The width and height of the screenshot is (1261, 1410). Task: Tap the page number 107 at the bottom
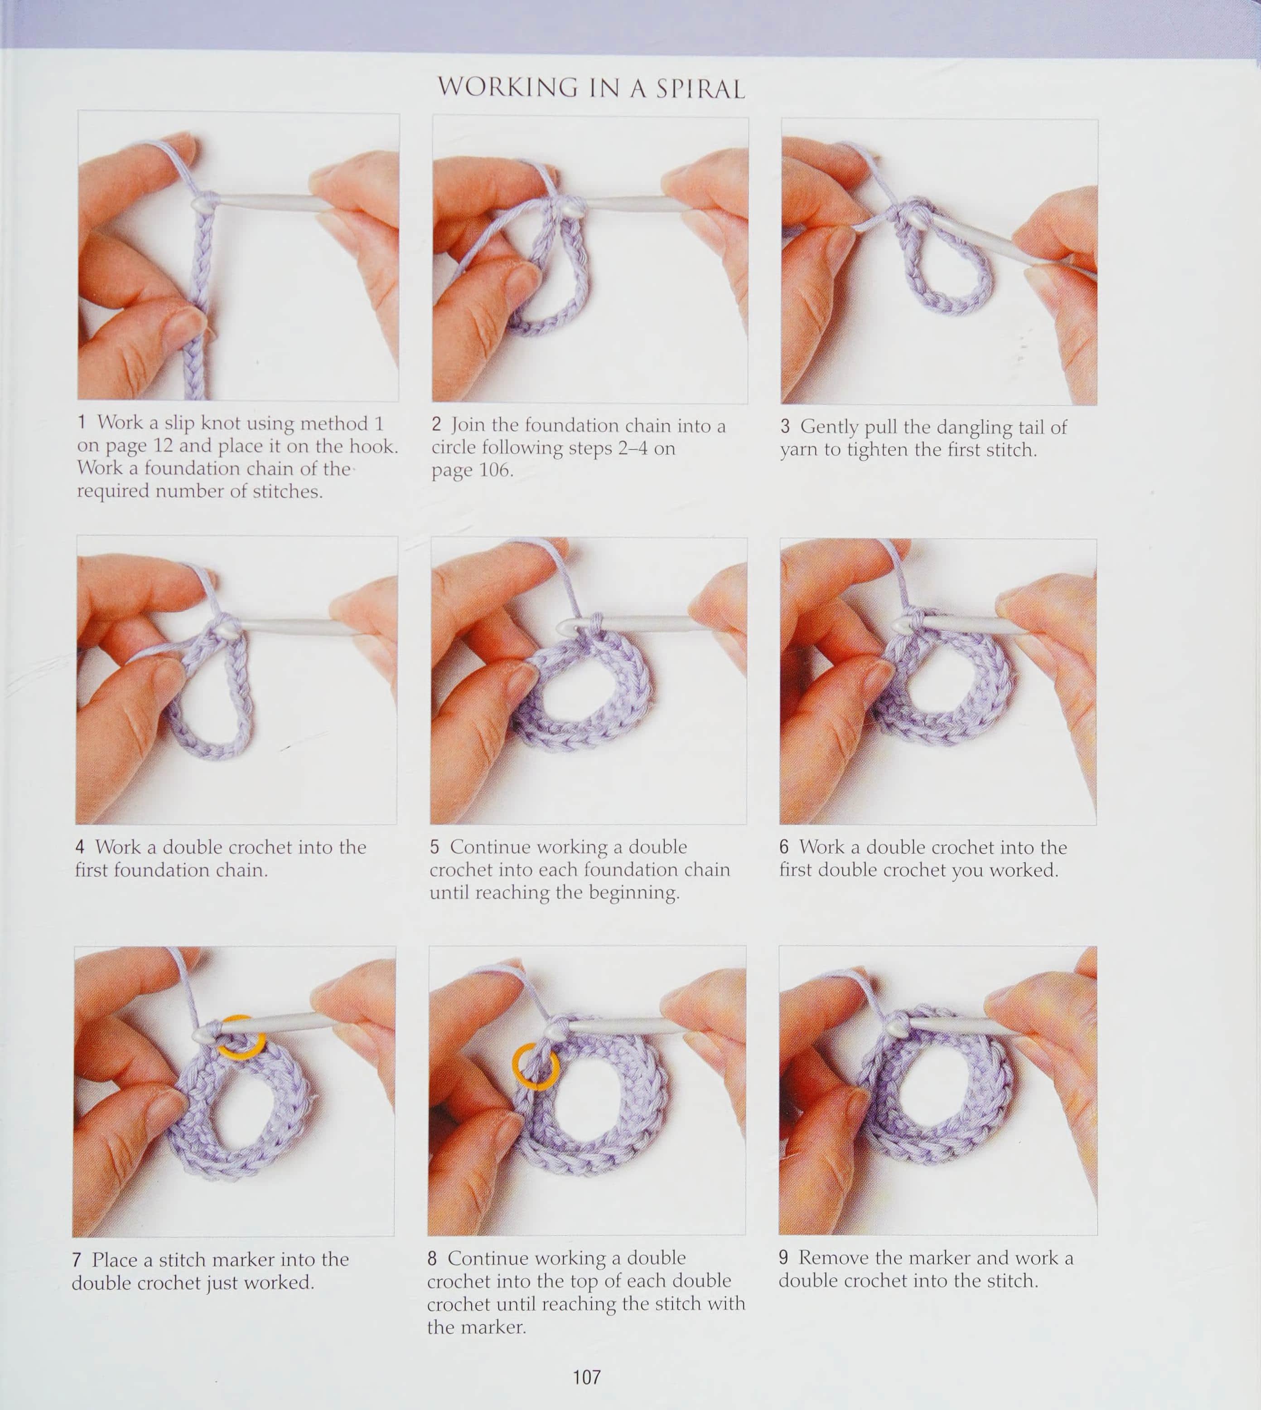point(587,1376)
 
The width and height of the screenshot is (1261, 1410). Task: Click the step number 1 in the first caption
point(82,422)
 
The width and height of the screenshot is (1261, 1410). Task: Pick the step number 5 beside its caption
point(435,846)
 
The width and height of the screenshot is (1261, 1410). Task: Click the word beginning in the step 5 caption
point(634,893)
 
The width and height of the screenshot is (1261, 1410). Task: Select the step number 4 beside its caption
point(80,847)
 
